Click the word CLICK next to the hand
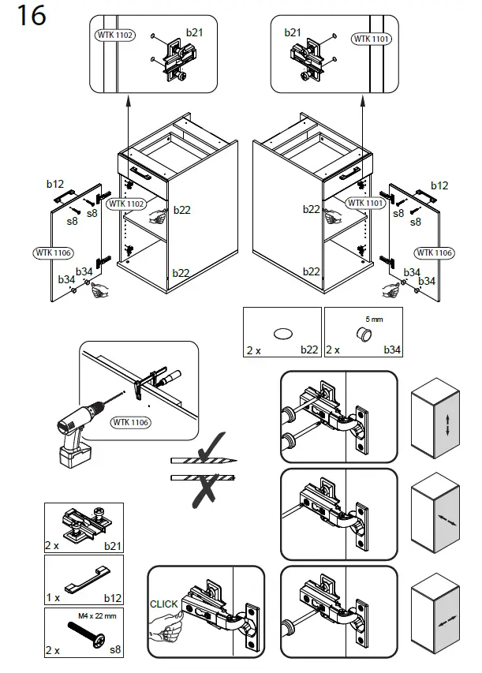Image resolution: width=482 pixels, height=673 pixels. [x=165, y=604]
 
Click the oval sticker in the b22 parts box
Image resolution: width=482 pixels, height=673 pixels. [x=282, y=332]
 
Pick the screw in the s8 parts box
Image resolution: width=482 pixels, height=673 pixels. [x=84, y=635]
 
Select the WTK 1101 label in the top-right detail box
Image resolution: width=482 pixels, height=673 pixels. [x=371, y=38]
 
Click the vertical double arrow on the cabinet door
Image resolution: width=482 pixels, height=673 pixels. [x=447, y=426]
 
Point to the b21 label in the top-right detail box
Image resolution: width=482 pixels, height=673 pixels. [x=293, y=32]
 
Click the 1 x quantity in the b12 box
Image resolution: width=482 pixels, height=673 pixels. [x=54, y=598]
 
